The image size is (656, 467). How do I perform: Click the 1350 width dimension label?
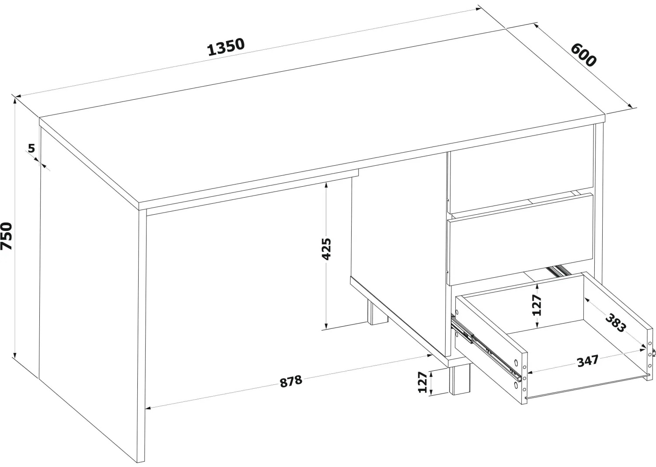pyautogui.click(x=226, y=47)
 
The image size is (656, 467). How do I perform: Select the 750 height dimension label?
pyautogui.click(x=7, y=236)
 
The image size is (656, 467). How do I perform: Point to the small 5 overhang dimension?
pyautogui.click(x=31, y=148)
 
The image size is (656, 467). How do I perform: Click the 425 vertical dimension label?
pyautogui.click(x=326, y=249)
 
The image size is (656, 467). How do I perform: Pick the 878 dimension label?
pyautogui.click(x=290, y=381)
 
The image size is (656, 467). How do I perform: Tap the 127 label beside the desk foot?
pyautogui.click(x=422, y=382)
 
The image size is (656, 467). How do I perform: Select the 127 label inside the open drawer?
pyautogui.click(x=537, y=305)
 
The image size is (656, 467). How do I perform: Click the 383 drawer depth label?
pyautogui.click(x=616, y=323)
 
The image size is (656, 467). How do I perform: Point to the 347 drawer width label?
pyautogui.click(x=588, y=361)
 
